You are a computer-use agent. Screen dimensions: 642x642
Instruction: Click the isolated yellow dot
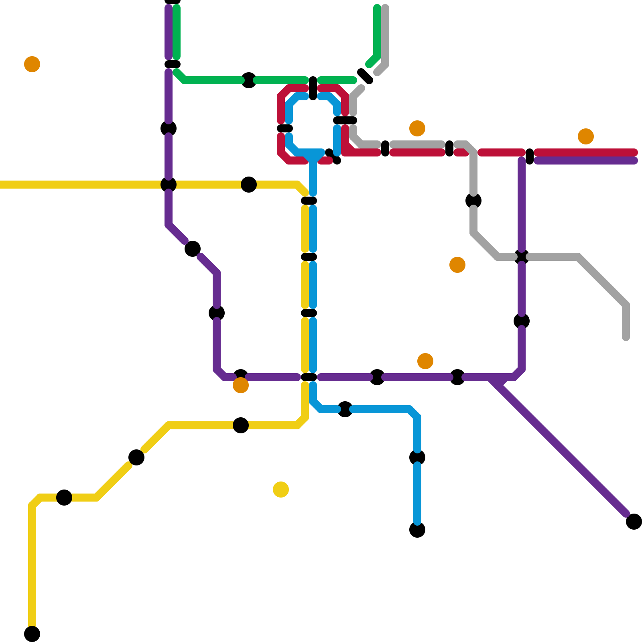281,490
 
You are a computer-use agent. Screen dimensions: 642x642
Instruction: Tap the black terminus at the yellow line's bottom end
32,634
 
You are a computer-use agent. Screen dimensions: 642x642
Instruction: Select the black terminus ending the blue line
417,530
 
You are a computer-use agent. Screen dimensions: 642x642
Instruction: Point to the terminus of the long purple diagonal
634,522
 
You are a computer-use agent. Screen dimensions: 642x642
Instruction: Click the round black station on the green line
249,80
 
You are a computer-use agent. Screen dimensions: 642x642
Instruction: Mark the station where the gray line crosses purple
522,257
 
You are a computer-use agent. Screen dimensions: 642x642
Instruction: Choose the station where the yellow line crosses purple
169,185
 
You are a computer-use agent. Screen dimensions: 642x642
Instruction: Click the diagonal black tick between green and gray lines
365,76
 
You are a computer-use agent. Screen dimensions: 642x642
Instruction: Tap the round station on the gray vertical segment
473,201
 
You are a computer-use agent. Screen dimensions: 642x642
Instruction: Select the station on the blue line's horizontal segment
345,409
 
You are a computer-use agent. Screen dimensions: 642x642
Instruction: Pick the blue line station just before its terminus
417,457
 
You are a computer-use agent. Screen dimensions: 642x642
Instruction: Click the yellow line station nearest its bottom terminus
64,498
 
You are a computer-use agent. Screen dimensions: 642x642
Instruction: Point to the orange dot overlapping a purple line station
241,385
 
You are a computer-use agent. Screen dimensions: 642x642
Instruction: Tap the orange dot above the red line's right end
586,136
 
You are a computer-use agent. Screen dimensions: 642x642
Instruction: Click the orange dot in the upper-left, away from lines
32,64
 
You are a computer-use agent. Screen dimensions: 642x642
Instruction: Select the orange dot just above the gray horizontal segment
417,128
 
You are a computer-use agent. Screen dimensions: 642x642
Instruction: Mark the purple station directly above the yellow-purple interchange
169,128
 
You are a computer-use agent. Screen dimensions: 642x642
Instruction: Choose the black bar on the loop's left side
285,128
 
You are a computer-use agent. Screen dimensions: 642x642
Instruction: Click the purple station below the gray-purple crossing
522,321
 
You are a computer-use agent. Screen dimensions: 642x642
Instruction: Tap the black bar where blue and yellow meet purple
309,377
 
